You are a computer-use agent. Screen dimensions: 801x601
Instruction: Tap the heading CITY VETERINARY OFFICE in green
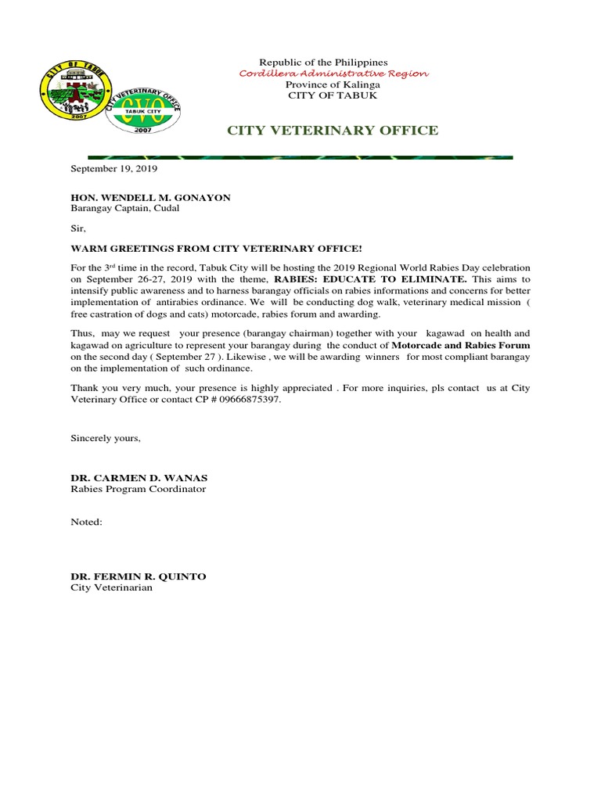click(333, 131)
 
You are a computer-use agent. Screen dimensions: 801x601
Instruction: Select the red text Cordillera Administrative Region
click(333, 74)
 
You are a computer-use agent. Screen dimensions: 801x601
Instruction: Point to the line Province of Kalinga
click(333, 84)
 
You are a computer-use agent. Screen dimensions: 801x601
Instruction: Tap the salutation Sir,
click(78, 229)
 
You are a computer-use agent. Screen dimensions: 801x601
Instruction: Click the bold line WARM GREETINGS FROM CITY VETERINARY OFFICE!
click(217, 249)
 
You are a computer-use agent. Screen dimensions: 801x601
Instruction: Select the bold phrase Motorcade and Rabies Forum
click(461, 345)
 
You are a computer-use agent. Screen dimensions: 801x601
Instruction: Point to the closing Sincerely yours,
click(106, 438)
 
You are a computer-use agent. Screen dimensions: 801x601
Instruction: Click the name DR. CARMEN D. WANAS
click(139, 478)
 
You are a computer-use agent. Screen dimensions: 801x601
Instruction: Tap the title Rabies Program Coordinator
click(139, 489)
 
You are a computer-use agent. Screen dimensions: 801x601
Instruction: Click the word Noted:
click(87, 522)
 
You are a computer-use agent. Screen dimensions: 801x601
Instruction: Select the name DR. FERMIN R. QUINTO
click(139, 577)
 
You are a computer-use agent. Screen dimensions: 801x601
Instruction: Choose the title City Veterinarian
click(112, 587)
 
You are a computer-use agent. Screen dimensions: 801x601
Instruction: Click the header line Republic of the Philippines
click(323, 63)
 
